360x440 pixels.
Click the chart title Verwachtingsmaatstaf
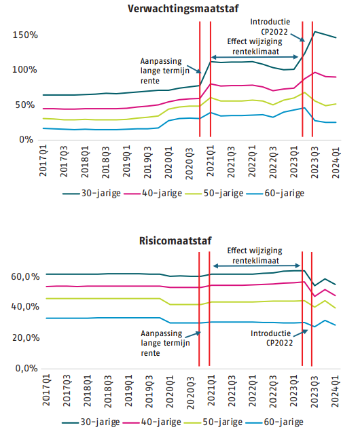(183, 9)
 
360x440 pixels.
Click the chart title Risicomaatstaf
(175, 241)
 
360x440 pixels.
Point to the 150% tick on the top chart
(25, 35)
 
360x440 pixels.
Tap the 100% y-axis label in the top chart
(24, 69)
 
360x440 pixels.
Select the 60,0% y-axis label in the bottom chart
(25, 276)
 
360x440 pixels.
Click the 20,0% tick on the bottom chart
(26, 337)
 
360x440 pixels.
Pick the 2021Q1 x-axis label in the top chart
(211, 161)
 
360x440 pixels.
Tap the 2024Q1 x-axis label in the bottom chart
(336, 391)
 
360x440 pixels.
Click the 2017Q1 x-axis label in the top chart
(43, 161)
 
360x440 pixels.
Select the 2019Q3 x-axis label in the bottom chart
(149, 391)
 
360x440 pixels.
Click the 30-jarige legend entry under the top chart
(92, 194)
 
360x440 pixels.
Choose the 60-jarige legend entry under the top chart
(275, 194)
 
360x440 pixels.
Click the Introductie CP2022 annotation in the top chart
(270, 27)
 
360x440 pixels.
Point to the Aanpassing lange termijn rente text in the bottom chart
(165, 343)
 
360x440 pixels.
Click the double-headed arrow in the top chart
(255, 57)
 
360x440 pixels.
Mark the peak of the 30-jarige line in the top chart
(314, 32)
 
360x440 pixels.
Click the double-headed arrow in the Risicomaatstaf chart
(257, 265)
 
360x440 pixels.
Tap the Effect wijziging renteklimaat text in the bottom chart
(255, 255)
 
